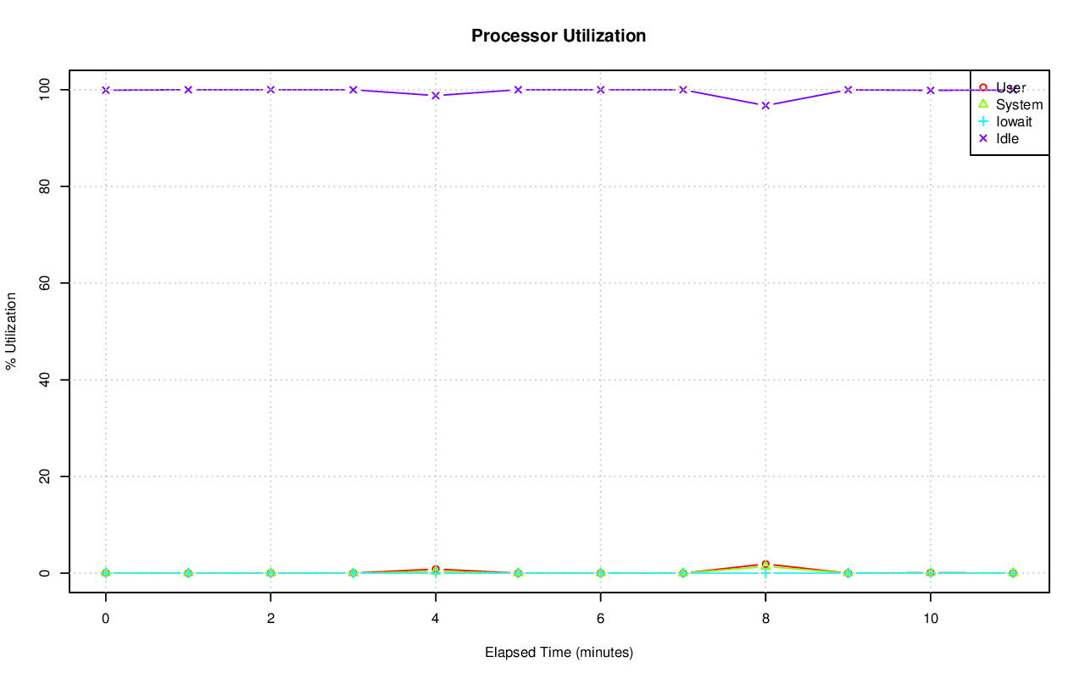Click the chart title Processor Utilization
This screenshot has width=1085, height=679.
(x=559, y=36)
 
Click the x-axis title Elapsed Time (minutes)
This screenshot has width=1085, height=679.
(x=559, y=653)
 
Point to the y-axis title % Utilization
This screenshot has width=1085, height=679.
(x=12, y=331)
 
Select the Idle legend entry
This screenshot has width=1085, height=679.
(x=1007, y=138)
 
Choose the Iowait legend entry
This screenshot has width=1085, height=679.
(x=1014, y=121)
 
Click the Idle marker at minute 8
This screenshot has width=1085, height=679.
(x=765, y=105)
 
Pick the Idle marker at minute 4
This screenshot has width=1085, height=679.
(x=436, y=95)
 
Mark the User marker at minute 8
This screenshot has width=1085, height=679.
(x=765, y=565)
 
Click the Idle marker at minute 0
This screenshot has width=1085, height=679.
(x=105, y=90)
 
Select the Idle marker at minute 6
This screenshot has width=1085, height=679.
(x=600, y=89)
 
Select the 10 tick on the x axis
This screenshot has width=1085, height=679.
(x=931, y=619)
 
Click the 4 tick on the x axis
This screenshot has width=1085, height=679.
(x=436, y=619)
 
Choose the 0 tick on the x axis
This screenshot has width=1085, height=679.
(x=105, y=619)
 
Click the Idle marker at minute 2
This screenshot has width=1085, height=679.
(x=270, y=89)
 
